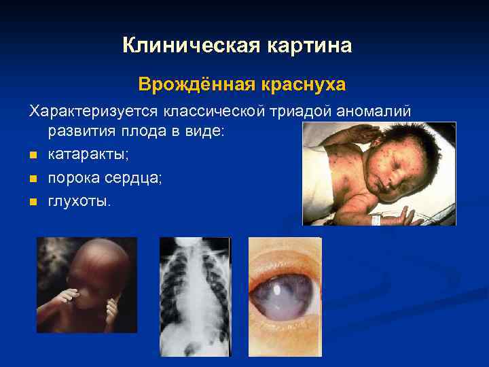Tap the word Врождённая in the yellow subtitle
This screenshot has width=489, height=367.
(195, 84)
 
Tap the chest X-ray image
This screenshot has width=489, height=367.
(195, 296)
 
